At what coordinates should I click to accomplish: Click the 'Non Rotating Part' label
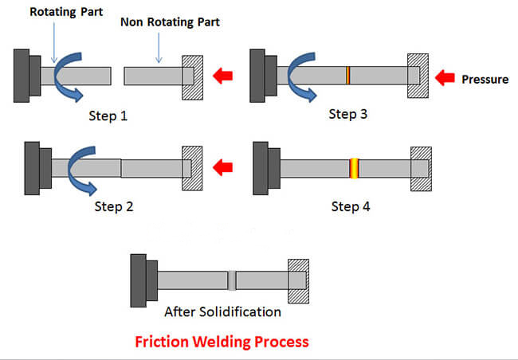(x=171, y=22)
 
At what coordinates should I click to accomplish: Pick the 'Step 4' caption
(x=351, y=206)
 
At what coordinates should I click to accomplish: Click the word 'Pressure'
(x=485, y=79)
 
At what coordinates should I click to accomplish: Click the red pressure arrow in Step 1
(x=224, y=76)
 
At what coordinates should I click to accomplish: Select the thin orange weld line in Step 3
(x=348, y=76)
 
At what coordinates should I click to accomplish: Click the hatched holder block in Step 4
(x=421, y=168)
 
